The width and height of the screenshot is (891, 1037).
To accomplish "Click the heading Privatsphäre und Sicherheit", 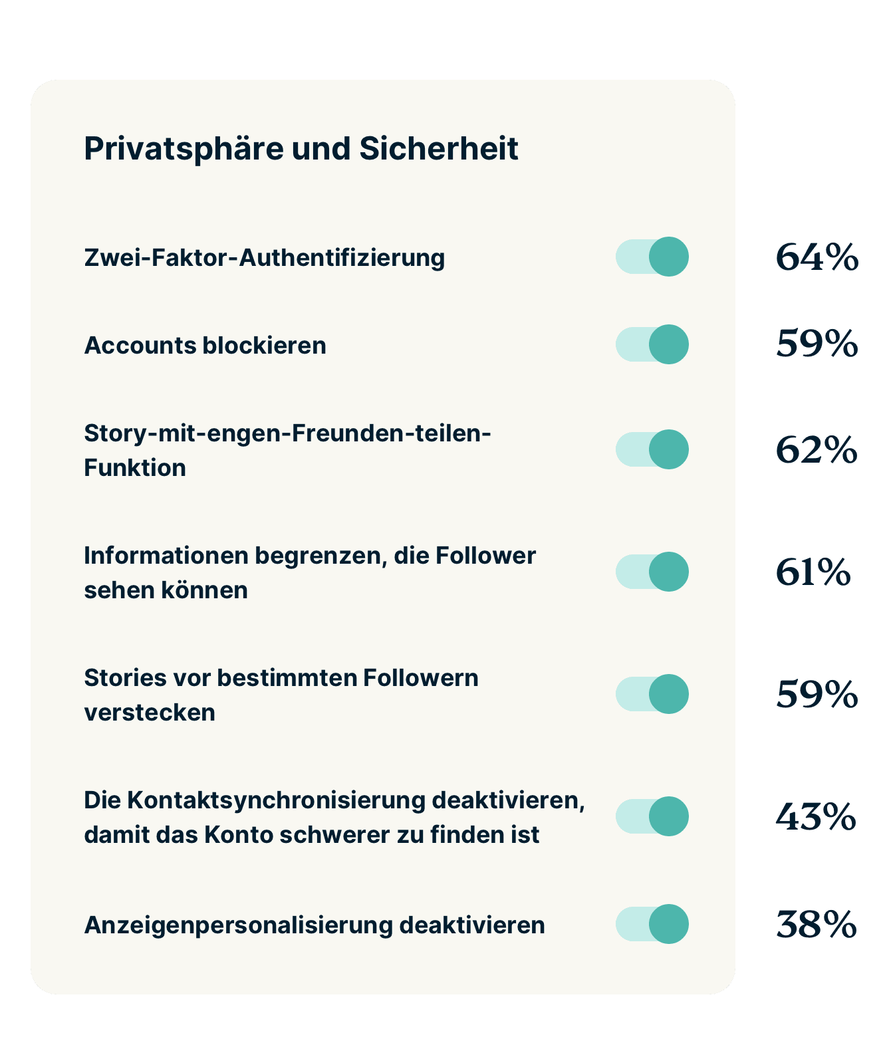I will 301,149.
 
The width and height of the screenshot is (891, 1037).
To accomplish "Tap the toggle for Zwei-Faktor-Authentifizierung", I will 652,257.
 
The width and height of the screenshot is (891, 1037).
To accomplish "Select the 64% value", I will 817,257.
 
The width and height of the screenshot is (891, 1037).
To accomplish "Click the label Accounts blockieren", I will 205,346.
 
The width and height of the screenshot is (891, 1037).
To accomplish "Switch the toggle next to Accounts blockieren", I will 652,344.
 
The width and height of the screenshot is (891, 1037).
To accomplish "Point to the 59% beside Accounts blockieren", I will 817,344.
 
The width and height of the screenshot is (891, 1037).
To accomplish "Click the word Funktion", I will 135,468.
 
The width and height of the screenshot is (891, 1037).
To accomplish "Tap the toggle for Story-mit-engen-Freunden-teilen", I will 652,449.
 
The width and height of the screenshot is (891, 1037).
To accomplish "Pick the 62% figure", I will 817,450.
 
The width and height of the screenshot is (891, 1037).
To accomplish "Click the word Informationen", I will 166,556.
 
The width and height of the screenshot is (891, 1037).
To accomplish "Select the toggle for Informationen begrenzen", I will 652,572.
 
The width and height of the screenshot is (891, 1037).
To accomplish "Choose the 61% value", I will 813,572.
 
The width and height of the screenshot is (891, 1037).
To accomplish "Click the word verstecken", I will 150,713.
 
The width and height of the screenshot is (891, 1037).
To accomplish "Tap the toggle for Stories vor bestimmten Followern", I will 652,694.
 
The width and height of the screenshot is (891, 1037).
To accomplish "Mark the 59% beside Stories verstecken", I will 817,695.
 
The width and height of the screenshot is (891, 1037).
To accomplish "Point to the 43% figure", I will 815,817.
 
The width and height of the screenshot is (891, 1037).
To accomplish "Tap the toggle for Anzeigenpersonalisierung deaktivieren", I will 652,924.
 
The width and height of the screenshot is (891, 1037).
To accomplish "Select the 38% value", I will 816,925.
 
